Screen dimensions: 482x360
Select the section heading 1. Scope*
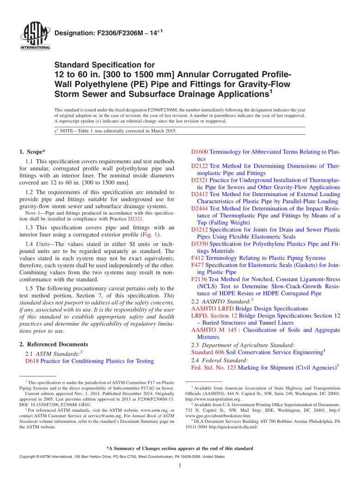pyautogui.click(x=33, y=151)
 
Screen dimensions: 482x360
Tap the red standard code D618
pyautogui.click(x=31, y=361)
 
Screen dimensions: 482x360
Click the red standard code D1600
pyautogui.click(x=200, y=151)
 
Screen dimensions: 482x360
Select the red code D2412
pyautogui.click(x=200, y=194)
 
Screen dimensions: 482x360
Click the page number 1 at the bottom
pyautogui.click(x=179, y=465)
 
